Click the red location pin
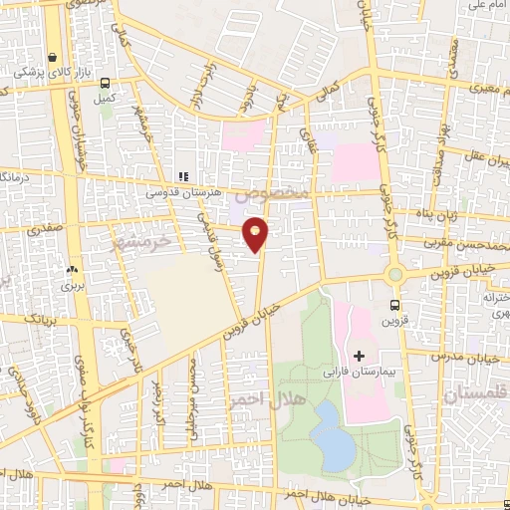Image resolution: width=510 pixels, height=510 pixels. click(x=256, y=233)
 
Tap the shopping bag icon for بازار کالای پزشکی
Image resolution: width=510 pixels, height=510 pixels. click(x=51, y=57)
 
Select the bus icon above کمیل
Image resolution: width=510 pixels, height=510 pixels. click(x=105, y=85)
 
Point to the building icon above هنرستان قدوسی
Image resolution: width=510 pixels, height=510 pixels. click(x=182, y=177)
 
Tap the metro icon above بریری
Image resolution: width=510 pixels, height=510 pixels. click(x=71, y=269)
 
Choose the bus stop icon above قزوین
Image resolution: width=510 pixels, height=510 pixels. click(x=395, y=305)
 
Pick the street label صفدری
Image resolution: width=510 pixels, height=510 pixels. click(x=45, y=229)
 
